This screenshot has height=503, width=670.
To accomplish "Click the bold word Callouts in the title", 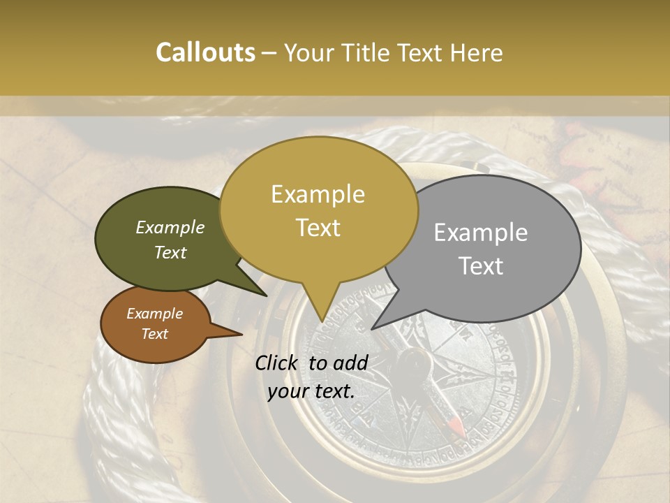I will (x=205, y=52).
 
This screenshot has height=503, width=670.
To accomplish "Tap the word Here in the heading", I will (x=476, y=52).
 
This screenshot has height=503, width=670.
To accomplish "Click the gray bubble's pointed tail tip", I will (x=372, y=329).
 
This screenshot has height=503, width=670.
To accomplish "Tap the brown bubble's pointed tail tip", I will (x=241, y=335).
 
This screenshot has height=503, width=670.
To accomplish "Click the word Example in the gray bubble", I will (x=481, y=233).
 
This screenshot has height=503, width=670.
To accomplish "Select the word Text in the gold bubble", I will (x=318, y=228).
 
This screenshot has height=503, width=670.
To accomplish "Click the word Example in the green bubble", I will (x=170, y=228).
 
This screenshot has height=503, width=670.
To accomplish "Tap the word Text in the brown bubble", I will (x=155, y=334).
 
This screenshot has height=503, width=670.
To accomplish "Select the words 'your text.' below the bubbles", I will (x=311, y=391).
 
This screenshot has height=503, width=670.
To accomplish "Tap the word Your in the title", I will (x=310, y=52).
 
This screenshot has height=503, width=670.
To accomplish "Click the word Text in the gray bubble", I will (x=482, y=266).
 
